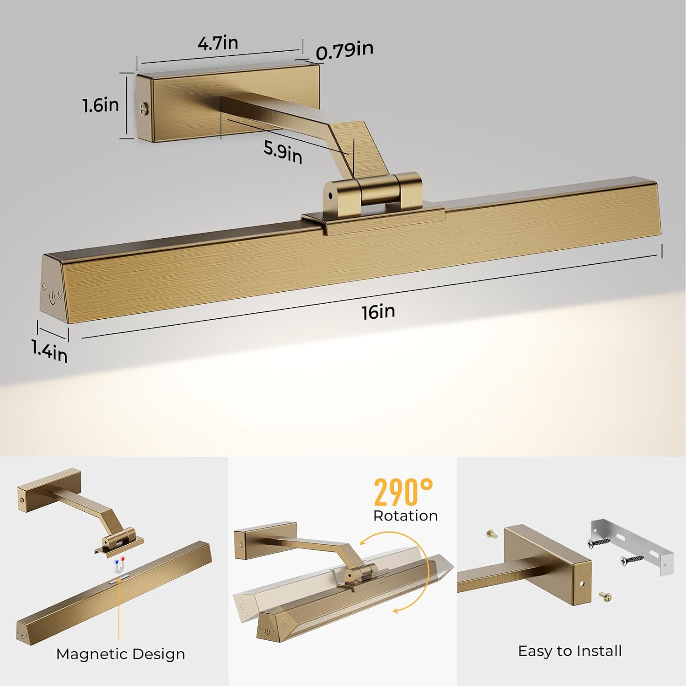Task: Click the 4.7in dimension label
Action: (x=218, y=43)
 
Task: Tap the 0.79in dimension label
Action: (x=344, y=50)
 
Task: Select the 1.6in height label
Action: (x=101, y=105)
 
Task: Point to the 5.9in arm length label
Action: (x=283, y=151)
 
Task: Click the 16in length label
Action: (x=378, y=312)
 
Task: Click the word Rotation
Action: (x=405, y=516)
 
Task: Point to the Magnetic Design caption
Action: (x=120, y=654)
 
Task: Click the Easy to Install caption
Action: (x=569, y=651)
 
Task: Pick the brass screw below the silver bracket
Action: (x=605, y=596)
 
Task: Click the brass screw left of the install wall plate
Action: (x=491, y=533)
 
